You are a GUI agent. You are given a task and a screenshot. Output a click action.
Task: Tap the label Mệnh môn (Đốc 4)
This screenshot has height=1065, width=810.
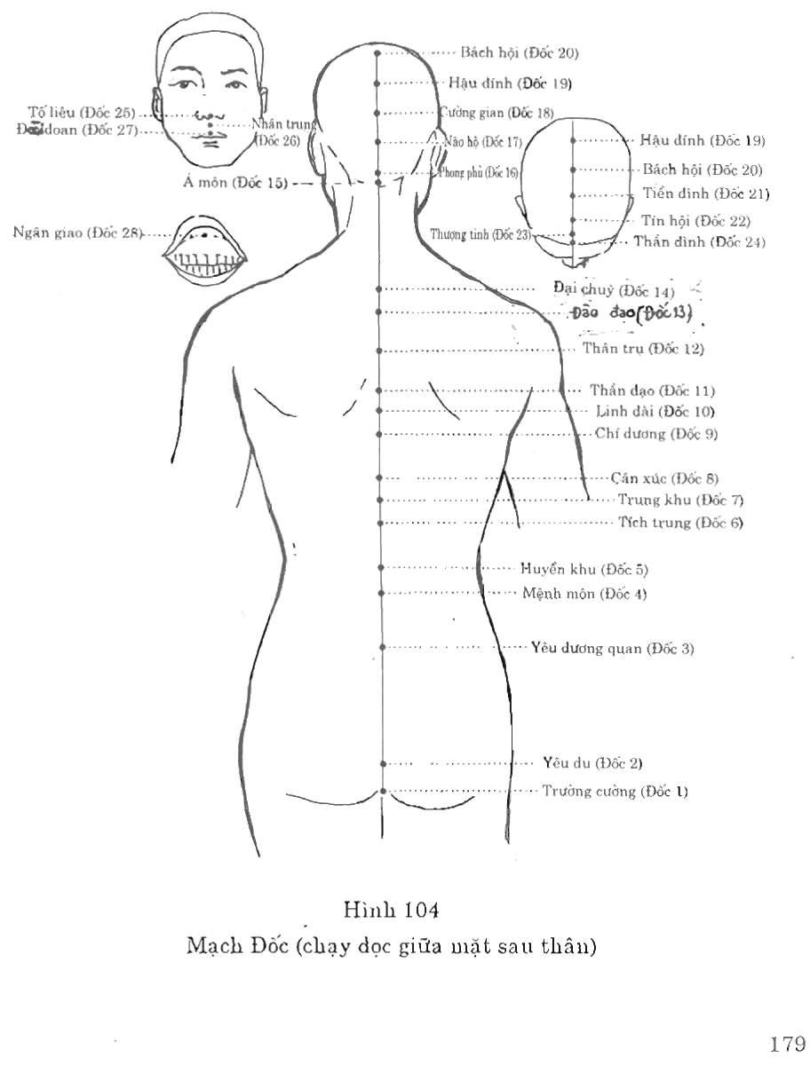coord(584,594)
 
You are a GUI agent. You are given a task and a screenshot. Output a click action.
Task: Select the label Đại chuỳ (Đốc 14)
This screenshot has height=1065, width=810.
coord(613,290)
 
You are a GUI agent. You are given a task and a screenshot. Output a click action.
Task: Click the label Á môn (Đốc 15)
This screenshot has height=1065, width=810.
coord(235,183)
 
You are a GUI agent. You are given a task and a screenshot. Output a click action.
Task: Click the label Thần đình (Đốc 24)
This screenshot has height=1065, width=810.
coord(699,241)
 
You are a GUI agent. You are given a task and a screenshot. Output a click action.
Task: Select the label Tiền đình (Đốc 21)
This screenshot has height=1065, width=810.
coord(705,193)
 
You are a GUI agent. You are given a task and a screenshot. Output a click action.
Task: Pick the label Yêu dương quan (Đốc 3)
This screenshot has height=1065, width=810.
coord(612,648)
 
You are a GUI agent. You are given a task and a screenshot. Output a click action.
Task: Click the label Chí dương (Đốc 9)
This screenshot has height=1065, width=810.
coord(656,434)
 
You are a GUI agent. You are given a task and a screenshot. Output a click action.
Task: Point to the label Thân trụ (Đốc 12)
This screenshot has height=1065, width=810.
coord(643,349)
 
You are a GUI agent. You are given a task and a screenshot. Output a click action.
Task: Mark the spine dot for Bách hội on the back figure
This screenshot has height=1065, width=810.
coord(377,53)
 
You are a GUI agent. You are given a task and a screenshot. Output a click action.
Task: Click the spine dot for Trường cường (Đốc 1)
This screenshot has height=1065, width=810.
coord(383,790)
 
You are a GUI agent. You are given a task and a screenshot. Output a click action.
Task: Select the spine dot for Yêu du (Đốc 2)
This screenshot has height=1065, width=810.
coord(383,762)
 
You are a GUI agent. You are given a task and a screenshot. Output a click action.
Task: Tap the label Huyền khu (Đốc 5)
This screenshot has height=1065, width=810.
coord(591,568)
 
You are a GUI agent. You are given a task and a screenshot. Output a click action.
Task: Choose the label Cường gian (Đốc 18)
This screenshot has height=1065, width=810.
coord(497,113)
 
